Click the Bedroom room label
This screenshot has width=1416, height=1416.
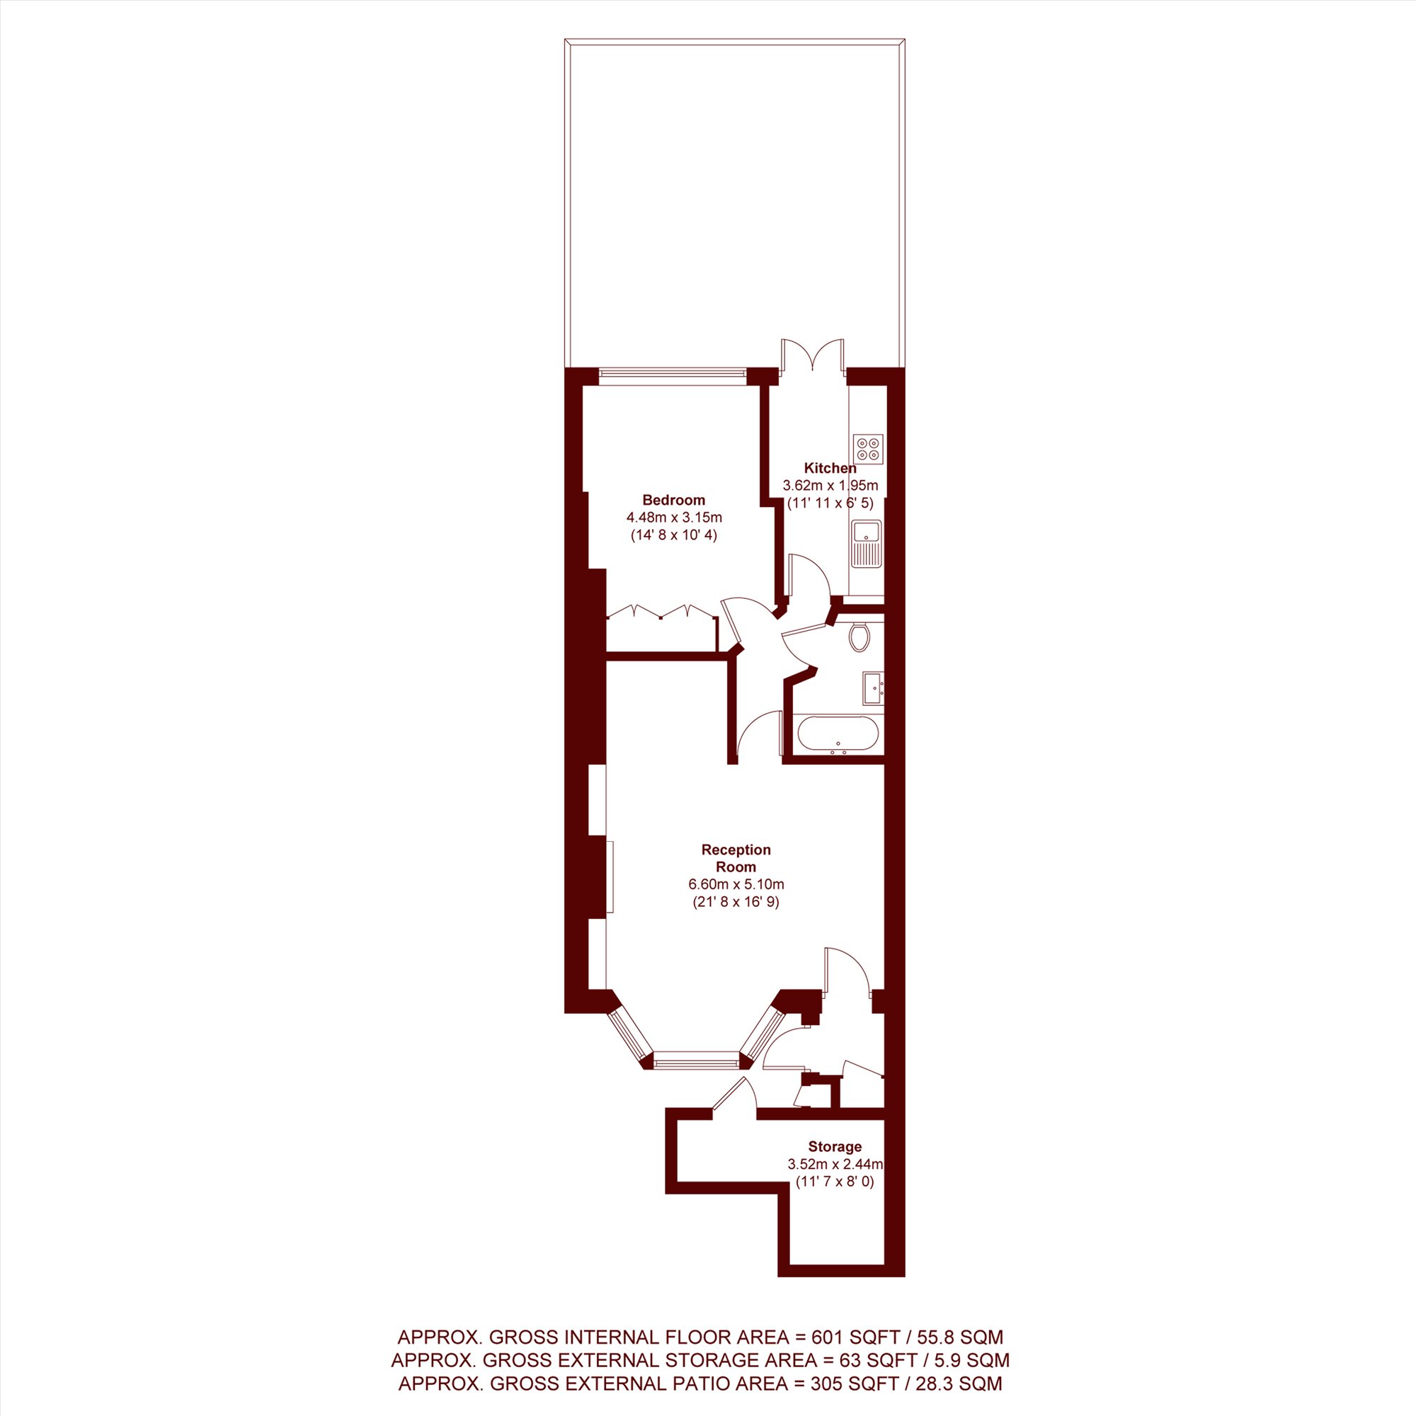pyautogui.click(x=673, y=501)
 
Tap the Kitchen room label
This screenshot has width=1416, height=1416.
pyautogui.click(x=830, y=468)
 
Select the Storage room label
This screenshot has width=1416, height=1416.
pyautogui.click(x=835, y=1147)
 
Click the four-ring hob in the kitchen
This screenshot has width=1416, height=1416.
pyautogui.click(x=869, y=450)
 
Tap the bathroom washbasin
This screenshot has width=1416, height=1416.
pyautogui.click(x=873, y=687)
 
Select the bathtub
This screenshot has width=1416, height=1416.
pyautogui.click(x=836, y=735)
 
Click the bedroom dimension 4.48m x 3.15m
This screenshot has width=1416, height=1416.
pyautogui.click(x=673, y=518)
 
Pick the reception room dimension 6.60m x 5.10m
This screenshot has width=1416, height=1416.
pyautogui.click(x=736, y=884)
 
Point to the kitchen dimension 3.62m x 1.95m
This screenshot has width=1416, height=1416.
pyautogui.click(x=830, y=485)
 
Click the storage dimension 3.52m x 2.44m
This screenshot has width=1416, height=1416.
pyautogui.click(x=835, y=1164)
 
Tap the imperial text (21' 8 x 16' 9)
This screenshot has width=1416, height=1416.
pyautogui.click(x=736, y=902)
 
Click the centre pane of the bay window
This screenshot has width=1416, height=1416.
pyautogui.click(x=695, y=1060)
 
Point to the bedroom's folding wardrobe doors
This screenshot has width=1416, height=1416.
pyautogui.click(x=663, y=612)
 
